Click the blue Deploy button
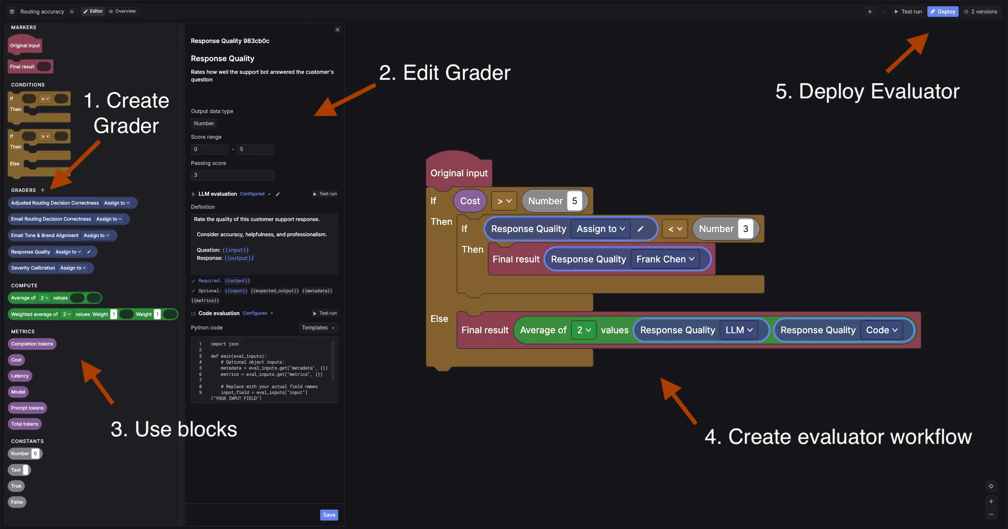click(x=943, y=11)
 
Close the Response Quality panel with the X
click(x=337, y=30)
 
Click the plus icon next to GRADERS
click(x=43, y=190)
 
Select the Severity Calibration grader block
click(x=33, y=268)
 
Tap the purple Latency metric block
click(x=20, y=376)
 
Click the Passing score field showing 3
click(x=232, y=175)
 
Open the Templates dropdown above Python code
click(x=318, y=328)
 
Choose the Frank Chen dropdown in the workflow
click(x=665, y=259)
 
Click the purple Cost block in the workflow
click(x=470, y=201)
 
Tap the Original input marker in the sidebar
click(x=25, y=46)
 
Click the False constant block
click(x=17, y=502)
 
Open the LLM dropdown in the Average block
click(x=739, y=330)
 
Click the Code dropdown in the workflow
click(x=881, y=330)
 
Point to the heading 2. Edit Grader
click(x=444, y=73)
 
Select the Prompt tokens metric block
click(x=27, y=408)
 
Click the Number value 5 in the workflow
click(x=574, y=201)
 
